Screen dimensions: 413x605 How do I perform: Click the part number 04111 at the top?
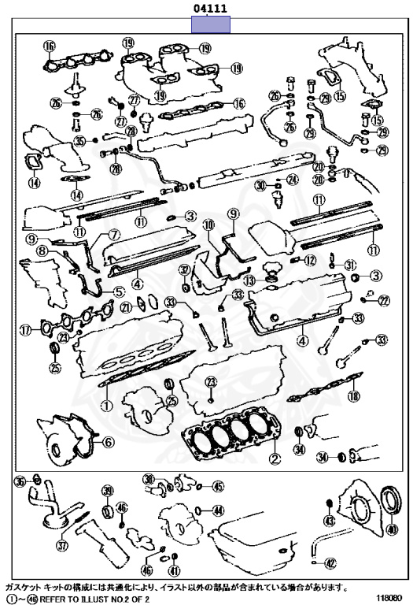click(210, 8)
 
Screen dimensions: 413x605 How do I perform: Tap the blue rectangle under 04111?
click(211, 24)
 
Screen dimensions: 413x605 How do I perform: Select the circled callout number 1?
click(106, 405)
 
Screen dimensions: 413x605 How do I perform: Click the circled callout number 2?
click(275, 458)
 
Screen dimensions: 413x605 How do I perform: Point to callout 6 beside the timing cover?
click(109, 442)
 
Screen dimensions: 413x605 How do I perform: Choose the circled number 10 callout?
click(208, 225)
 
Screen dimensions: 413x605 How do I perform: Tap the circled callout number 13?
click(249, 280)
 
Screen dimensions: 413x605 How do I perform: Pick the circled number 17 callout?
click(25, 330)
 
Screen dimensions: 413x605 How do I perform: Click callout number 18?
click(354, 395)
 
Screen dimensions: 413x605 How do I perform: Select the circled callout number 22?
click(384, 301)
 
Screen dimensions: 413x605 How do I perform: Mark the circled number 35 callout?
click(79, 141)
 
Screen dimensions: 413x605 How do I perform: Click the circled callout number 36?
click(20, 481)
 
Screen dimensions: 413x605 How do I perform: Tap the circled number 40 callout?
click(392, 529)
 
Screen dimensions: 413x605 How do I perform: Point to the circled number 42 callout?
click(330, 564)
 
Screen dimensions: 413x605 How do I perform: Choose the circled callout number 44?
click(218, 510)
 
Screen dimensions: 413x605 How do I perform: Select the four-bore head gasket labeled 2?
click(232, 434)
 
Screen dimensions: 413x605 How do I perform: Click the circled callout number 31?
click(349, 265)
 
